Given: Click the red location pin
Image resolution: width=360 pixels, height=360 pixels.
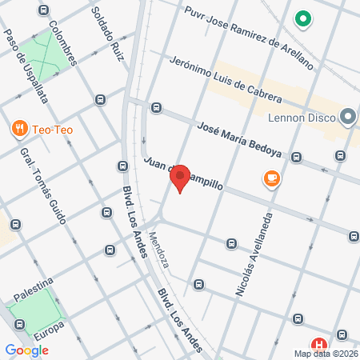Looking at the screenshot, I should click(180, 178).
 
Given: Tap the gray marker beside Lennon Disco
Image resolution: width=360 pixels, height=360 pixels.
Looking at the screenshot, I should click(347, 118).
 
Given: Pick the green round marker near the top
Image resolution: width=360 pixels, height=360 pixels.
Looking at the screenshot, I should click(303, 18).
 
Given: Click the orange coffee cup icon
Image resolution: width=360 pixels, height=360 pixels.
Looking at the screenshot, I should click(272, 179).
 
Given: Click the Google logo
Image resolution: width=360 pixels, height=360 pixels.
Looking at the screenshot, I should click(26, 350).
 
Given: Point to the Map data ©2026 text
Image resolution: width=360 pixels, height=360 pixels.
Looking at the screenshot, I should click(324, 354).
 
